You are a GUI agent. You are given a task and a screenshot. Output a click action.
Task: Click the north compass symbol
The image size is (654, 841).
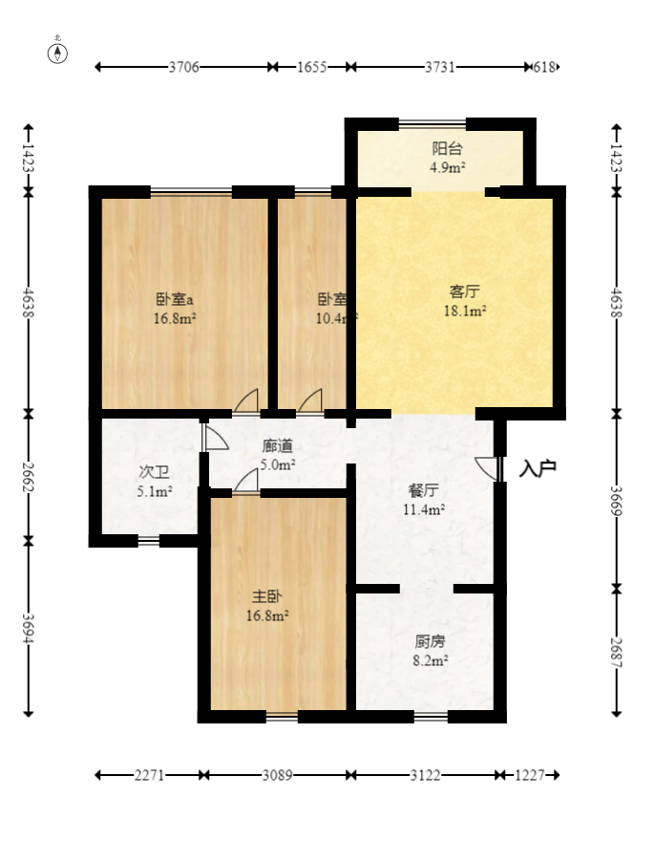coord(58,52)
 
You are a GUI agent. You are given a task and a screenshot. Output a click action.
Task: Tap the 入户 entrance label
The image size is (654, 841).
coord(538,469)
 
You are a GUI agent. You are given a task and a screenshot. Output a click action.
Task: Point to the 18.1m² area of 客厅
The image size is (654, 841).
coord(465,311)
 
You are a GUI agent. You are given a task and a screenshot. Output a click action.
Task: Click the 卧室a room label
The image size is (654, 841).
coord(175,297)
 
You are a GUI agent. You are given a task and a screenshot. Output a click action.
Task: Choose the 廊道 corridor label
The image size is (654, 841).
coord(278,445)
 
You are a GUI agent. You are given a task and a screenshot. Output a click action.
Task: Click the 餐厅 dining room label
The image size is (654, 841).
coord(423,490)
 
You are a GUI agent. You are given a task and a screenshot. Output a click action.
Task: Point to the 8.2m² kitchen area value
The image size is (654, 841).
coord(430,659)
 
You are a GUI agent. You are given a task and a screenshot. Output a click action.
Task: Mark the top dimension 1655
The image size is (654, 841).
coord(311,67)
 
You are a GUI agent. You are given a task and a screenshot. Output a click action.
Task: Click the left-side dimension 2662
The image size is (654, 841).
coord(28,475)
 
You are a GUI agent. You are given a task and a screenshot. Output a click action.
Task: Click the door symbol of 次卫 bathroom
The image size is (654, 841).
coord(214,438)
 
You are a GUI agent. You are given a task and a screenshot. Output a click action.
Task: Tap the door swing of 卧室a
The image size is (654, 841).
coord(247,401)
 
